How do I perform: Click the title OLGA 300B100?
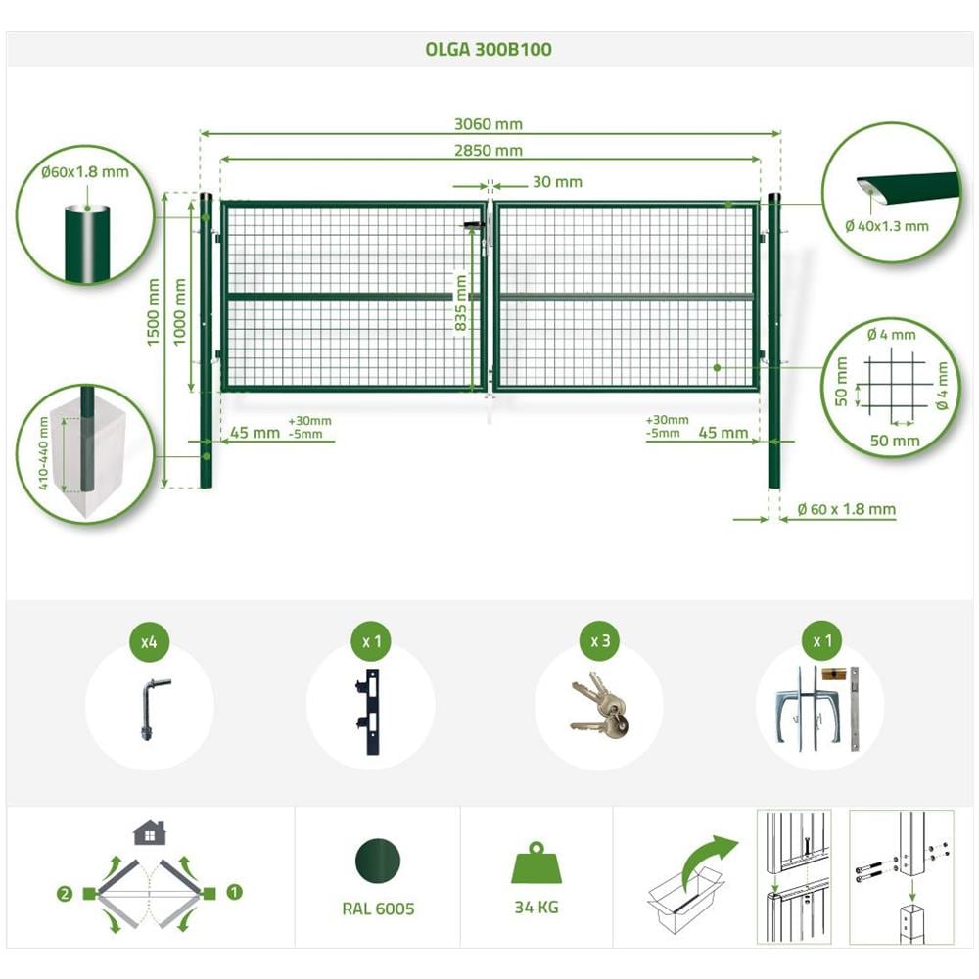pos(489,49)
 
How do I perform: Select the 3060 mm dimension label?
pos(489,124)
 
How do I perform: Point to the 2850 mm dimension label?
pos(489,151)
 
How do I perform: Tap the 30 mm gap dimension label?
pos(557,182)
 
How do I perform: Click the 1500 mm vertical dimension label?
pos(154,311)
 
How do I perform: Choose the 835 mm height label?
pos(461,303)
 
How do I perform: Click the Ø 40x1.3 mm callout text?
pos(887,226)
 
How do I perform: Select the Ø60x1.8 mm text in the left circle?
pos(85,172)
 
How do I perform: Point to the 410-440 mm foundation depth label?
pos(43,452)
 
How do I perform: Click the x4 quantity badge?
pos(149,641)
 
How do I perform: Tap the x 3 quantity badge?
pos(599,641)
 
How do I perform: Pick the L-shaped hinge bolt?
pos(151,709)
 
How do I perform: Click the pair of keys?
pos(599,704)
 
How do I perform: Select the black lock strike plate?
pos(368,712)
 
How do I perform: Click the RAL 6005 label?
pos(378,909)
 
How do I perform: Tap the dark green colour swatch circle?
pos(378,861)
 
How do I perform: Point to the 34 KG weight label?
pos(536,908)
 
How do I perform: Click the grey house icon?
pos(149,833)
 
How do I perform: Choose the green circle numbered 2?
pos(65,894)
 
